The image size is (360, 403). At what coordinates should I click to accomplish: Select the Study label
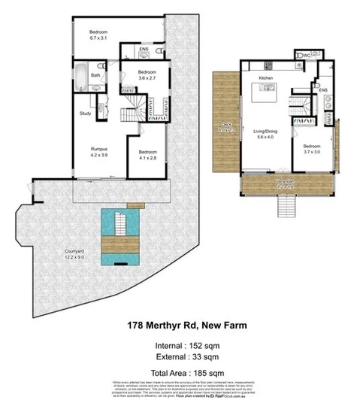pos(86,114)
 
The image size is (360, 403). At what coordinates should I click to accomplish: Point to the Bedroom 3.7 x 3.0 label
pos(311,149)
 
